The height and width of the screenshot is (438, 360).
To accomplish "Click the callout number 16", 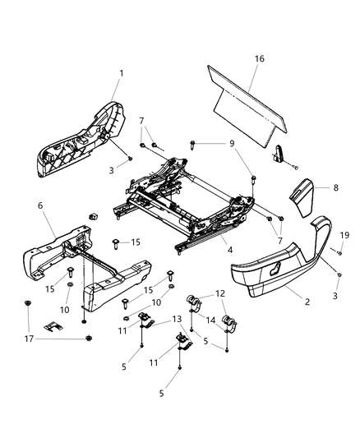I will (x=259, y=59).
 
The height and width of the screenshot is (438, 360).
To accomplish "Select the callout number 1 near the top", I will (x=121, y=74).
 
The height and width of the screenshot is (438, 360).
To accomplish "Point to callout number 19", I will (x=335, y=236).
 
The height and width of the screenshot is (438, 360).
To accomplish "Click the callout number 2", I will (x=307, y=302).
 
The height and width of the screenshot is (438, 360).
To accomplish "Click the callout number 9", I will (x=231, y=144).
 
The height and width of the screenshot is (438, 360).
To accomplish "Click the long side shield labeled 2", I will (x=279, y=267).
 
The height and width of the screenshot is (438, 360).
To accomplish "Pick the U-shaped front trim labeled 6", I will (x=82, y=263).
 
